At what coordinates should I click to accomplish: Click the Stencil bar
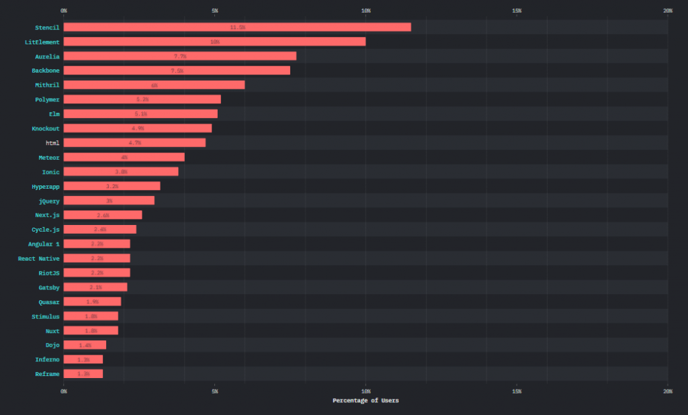click(x=237, y=28)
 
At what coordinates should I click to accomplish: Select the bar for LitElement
click(x=214, y=42)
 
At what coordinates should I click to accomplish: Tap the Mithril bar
click(x=154, y=85)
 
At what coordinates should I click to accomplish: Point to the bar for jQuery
click(x=109, y=201)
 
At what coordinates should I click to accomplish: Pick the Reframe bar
click(x=83, y=374)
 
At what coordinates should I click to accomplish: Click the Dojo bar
click(x=85, y=345)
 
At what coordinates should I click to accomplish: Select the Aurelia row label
click(x=47, y=56)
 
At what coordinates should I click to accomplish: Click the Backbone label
click(x=46, y=71)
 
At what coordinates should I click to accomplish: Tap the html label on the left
click(x=52, y=143)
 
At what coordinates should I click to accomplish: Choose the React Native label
click(x=39, y=259)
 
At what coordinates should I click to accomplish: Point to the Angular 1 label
click(x=44, y=244)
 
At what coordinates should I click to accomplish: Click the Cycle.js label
click(x=46, y=230)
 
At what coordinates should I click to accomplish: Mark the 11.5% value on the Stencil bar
click(x=237, y=28)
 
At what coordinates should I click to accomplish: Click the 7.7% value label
click(x=179, y=56)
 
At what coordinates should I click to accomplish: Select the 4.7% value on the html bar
click(x=134, y=143)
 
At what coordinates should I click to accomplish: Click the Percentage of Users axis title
click(x=365, y=401)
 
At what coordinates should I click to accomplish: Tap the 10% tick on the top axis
click(x=365, y=11)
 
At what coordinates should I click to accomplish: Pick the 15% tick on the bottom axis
click(x=517, y=391)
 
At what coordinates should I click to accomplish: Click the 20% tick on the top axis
click(x=667, y=11)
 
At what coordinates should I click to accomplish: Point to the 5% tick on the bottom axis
click(x=215, y=391)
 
